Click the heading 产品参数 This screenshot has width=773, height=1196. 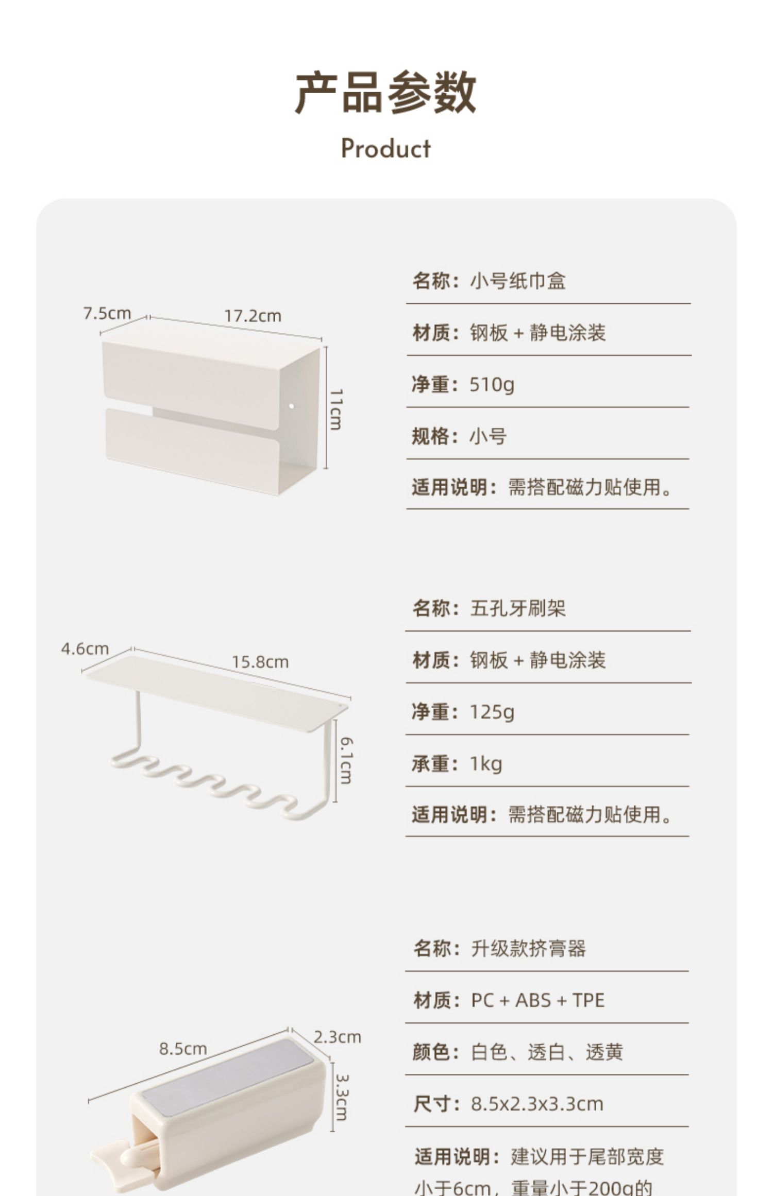click(x=385, y=93)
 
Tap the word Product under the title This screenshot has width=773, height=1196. click(x=385, y=149)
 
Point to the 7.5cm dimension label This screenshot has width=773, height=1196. click(x=107, y=313)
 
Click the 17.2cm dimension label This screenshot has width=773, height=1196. click(x=253, y=316)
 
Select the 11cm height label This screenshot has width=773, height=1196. click(x=336, y=409)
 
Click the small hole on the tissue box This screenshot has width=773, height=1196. click(x=291, y=405)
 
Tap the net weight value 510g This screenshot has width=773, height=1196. click(x=492, y=385)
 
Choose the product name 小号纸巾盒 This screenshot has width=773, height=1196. click(x=517, y=281)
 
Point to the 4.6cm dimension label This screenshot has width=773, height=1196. click(x=85, y=649)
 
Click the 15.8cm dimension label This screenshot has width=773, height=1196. click(x=260, y=662)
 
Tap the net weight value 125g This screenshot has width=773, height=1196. click(x=492, y=712)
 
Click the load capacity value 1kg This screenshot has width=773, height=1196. click(x=485, y=764)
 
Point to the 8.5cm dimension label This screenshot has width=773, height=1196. click(x=183, y=1048)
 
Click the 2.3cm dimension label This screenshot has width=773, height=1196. click(x=338, y=1037)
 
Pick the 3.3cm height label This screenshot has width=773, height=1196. click(x=341, y=1096)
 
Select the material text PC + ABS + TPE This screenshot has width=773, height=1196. click(x=537, y=1000)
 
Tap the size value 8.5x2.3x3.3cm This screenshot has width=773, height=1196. click(x=536, y=1104)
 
